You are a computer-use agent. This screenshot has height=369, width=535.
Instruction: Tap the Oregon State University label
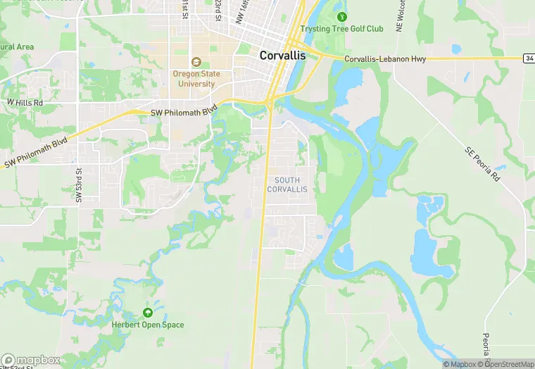pyautogui.click(x=196, y=79)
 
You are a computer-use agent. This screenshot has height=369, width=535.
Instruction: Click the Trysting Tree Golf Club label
pyautogui.click(x=341, y=29)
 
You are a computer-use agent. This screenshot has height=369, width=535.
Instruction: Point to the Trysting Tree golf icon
pyautogui.click(x=342, y=16)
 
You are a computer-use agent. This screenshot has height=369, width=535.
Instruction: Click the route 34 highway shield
pyautogui.click(x=529, y=58)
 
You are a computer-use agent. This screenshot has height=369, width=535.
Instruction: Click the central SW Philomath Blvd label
pyautogui.click(x=184, y=112)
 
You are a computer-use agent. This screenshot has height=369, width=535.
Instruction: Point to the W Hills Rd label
pyautogui.click(x=25, y=103)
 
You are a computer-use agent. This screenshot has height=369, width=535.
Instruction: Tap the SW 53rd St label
pyautogui.click(x=79, y=185)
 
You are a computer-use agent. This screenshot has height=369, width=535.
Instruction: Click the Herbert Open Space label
pyautogui.click(x=148, y=325)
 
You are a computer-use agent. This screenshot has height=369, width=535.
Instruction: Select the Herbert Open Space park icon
pyautogui.click(x=148, y=313)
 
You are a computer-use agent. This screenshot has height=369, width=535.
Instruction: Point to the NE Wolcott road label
pyautogui.click(x=400, y=15)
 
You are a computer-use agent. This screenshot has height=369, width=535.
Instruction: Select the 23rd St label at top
pyautogui.click(x=218, y=10)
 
